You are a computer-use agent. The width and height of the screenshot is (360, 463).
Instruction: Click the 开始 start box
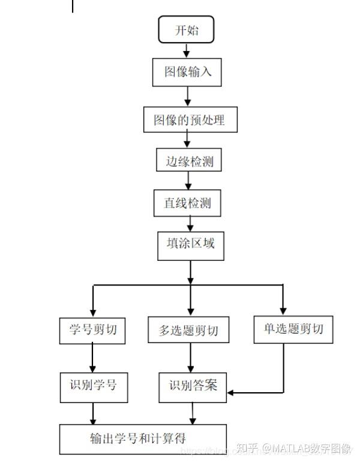click(x=186, y=31)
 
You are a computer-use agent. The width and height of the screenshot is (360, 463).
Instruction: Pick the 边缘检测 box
click(x=189, y=161)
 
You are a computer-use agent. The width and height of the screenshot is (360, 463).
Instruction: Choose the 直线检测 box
click(x=188, y=203)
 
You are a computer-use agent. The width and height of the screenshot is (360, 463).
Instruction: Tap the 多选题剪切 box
click(x=188, y=330)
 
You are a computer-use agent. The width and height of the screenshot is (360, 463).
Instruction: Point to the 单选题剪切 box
click(x=293, y=329)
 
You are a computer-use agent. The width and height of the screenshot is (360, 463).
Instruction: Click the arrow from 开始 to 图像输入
click(x=186, y=50)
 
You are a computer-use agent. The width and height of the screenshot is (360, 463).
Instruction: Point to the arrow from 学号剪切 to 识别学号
click(x=92, y=358)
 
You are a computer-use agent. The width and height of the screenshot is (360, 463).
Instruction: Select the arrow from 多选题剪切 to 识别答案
click(x=191, y=359)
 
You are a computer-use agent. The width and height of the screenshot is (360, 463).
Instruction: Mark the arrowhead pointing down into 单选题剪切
click(x=283, y=311)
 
